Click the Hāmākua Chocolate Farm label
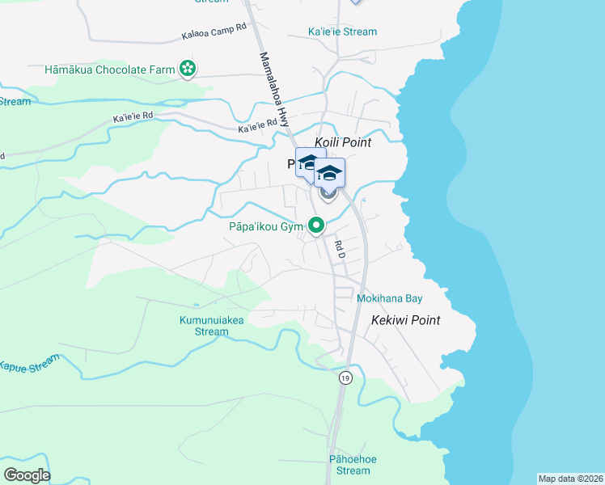[x=110, y=70]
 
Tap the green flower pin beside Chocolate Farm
[x=188, y=70]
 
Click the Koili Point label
[x=342, y=142]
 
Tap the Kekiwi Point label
[x=405, y=320]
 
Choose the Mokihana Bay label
[x=390, y=298]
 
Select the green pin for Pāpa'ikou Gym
[x=318, y=226]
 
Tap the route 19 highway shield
[x=345, y=377]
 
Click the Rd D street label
[x=341, y=250]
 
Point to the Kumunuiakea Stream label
[x=212, y=326]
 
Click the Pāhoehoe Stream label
[x=353, y=465]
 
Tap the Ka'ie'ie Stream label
[x=342, y=32]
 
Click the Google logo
[x=27, y=474]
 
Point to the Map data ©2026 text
[x=570, y=479]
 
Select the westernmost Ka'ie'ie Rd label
[x=133, y=117]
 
